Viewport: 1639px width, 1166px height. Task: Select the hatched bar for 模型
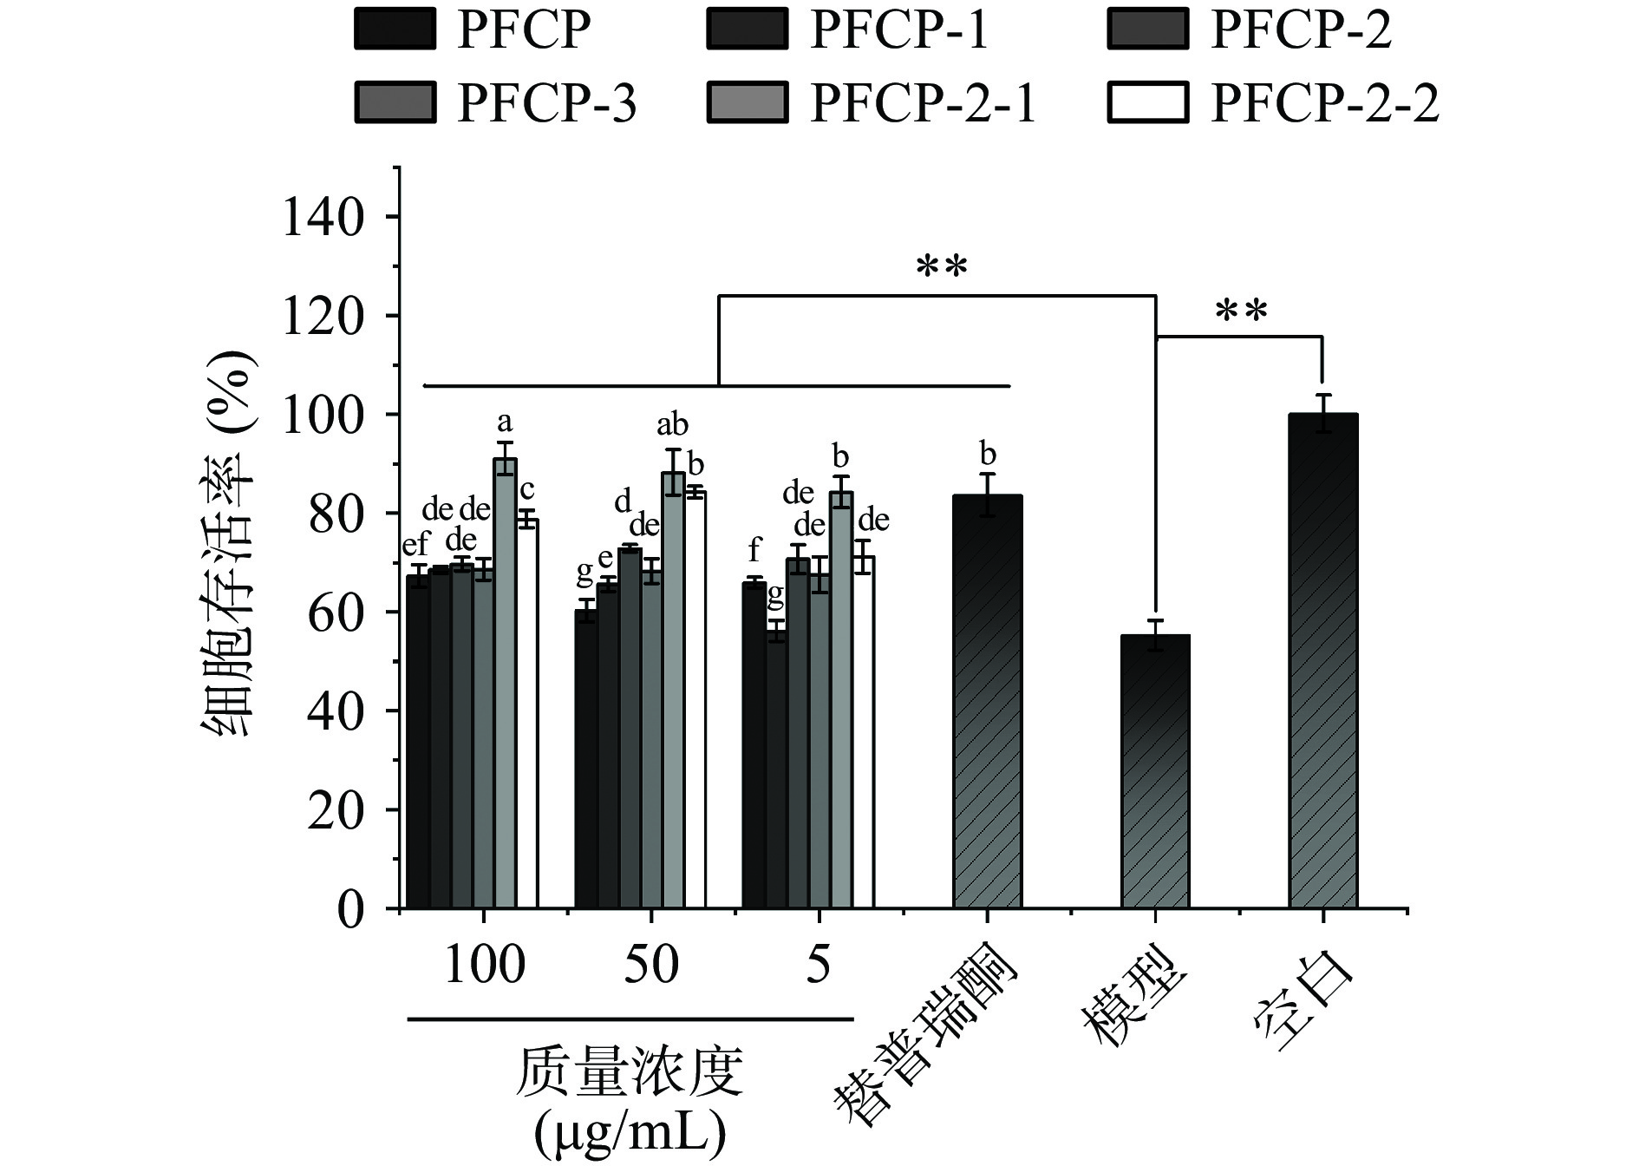point(1155,772)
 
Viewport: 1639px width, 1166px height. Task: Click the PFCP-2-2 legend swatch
point(1147,103)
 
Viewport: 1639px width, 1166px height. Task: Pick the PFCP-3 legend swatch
point(395,103)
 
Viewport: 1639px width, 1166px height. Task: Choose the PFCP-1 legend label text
point(899,30)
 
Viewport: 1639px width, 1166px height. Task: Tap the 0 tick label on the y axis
point(350,910)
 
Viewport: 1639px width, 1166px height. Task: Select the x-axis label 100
point(484,965)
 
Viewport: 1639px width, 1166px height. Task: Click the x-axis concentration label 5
point(819,965)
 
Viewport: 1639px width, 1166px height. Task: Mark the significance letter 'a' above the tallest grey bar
point(504,423)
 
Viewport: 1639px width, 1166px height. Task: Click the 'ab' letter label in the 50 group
point(672,425)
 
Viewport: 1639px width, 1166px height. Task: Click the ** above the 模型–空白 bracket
point(1241,311)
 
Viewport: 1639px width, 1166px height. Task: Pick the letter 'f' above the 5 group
point(754,549)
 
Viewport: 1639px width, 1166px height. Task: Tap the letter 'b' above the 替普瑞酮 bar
point(987,455)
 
